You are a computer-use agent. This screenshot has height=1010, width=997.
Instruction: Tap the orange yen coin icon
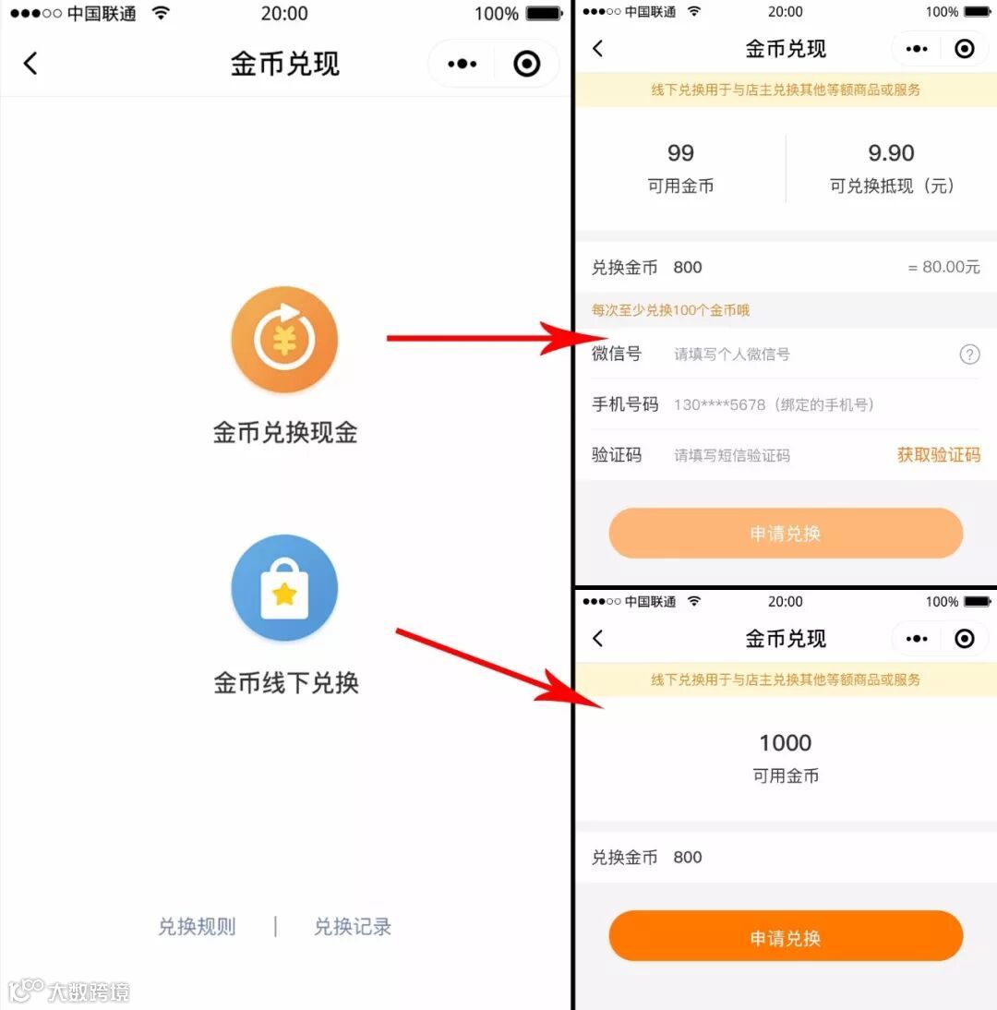coord(284,340)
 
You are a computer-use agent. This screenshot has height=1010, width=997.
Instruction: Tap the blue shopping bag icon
coord(284,587)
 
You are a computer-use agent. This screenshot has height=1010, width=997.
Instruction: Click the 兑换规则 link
coord(197,926)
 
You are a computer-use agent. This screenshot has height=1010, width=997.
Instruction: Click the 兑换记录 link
coord(353,926)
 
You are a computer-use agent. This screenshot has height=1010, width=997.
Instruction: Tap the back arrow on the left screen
coord(30,63)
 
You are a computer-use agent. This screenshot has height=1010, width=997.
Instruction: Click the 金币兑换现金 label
coord(285,432)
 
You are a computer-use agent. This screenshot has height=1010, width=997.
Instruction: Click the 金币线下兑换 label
coord(286,682)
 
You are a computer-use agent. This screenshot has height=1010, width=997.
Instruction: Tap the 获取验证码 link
coord(939,455)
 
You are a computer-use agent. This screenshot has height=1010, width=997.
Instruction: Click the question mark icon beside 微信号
coord(969,355)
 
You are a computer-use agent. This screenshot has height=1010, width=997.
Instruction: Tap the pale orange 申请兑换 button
coord(786,533)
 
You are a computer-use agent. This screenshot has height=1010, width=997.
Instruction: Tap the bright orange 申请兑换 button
coord(786,936)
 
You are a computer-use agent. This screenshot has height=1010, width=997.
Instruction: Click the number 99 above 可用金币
coord(680,152)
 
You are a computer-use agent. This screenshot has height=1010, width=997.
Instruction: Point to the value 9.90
coord(891,152)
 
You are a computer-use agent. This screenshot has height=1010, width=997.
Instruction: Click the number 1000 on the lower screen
coord(785,742)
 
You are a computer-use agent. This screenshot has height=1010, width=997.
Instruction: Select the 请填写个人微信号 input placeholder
coord(732,355)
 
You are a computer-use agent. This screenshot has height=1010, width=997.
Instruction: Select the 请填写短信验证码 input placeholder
coord(732,455)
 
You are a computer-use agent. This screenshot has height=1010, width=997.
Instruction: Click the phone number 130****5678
coord(719,404)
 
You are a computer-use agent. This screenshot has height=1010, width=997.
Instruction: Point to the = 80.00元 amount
coord(943,267)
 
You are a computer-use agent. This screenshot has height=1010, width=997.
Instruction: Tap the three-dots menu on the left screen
coord(462,64)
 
